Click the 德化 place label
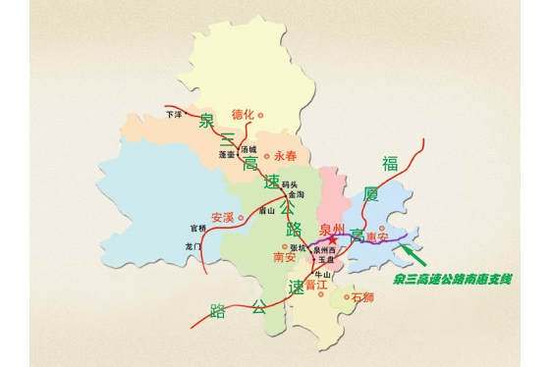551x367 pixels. click(241, 115)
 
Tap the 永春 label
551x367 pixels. click(284, 155)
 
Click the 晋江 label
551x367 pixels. click(315, 285)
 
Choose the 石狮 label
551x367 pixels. click(362, 296)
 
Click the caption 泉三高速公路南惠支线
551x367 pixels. click(453, 280)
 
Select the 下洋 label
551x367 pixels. click(175, 114)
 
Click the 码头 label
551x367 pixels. click(288, 184)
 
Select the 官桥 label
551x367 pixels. click(198, 229)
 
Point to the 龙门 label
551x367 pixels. click(193, 245)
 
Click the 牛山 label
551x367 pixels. click(321, 274)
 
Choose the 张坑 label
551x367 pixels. click(298, 248)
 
